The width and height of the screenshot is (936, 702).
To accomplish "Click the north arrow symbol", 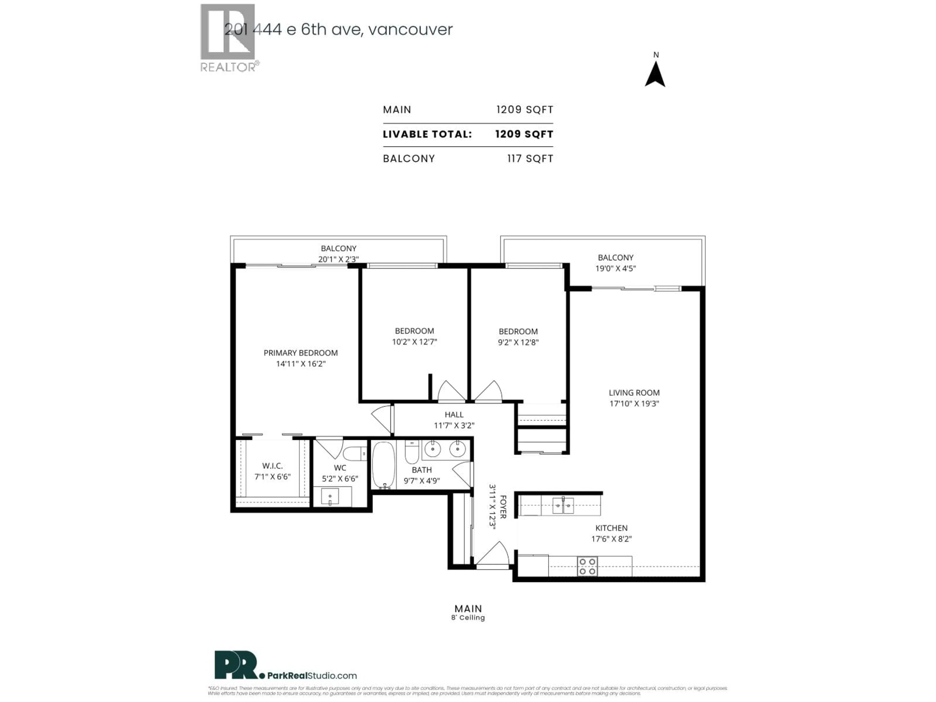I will tap(655, 75).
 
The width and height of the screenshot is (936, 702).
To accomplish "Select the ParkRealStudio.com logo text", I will tap(312, 676).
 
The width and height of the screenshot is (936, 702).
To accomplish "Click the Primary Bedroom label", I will tap(301, 353).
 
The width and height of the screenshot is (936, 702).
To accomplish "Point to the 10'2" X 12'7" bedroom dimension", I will tap(414, 342).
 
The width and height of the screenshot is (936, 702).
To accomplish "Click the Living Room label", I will tap(634, 393).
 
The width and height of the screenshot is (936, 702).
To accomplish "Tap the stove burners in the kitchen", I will tap(587, 566).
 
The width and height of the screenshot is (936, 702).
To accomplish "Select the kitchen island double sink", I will tap(563, 506).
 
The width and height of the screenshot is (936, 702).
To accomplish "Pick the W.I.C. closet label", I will tap(272, 466).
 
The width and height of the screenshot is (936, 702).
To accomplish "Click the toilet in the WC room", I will tap(355, 454).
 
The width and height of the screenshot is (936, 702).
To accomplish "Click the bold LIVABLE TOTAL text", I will tap(427, 135).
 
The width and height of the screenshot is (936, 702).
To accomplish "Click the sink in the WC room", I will tap(330, 496).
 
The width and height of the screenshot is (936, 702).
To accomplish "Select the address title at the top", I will tap(339, 29).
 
